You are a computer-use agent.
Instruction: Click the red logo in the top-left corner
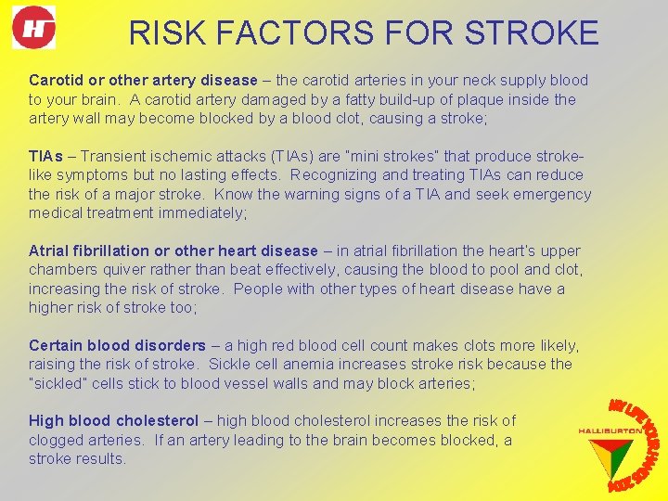pos(33,27)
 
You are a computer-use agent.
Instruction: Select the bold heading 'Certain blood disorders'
pos(118,345)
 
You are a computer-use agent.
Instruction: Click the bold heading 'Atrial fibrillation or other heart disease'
pos(173,250)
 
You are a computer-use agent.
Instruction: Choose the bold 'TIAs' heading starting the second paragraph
pos(46,156)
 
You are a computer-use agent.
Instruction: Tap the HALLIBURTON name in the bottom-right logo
pos(609,430)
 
